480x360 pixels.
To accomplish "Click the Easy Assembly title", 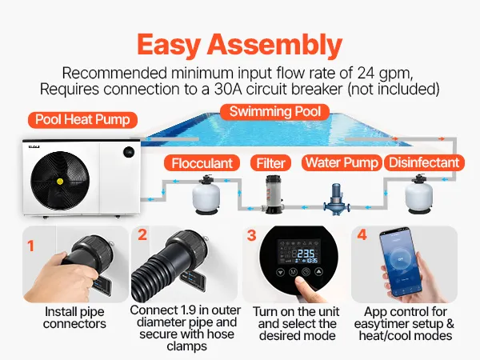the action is pos(240,46).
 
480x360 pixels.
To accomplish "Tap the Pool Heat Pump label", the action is pos(82,120).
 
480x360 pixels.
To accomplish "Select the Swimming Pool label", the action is pos(275,112).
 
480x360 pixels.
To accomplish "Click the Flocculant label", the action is pos(202,163).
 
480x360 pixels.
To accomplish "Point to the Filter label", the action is pos(270,163).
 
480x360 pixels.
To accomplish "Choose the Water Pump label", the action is pos(342,162).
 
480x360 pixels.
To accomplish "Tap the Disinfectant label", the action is pos(424,162).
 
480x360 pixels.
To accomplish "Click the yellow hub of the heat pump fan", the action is pos(60,182).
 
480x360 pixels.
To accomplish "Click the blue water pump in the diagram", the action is pos(336,199).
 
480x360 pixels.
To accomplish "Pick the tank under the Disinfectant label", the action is pos(418,194).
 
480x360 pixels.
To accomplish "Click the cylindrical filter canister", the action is pos(273,194).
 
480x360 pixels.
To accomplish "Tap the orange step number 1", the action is pos(30,246).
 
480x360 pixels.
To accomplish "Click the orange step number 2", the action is pos(142,235).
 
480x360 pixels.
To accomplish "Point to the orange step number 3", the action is pos(252,235).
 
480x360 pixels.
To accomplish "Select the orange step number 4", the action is pos(362,234).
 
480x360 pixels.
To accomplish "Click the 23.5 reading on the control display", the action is pos(306,254).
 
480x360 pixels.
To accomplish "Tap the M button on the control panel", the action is pos(294,272).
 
